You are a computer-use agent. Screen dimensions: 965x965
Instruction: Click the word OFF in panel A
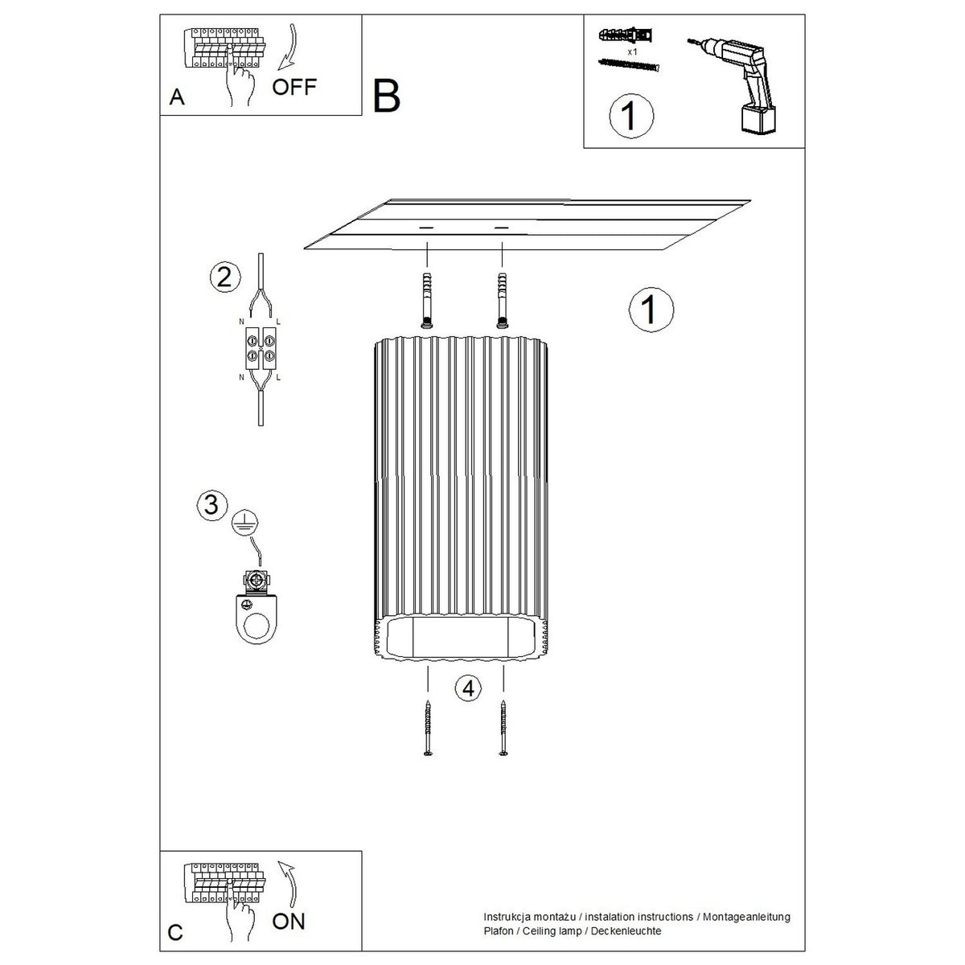(294, 87)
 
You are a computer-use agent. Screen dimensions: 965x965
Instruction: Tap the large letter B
(386, 96)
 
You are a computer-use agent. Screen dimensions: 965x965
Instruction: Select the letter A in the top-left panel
(177, 97)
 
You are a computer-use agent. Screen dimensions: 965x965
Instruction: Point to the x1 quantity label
(633, 51)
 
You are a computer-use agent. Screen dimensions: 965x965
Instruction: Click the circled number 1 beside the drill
(631, 116)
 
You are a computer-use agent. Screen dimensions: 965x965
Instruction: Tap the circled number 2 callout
(225, 277)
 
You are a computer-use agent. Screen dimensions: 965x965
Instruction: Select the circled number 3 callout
(211, 504)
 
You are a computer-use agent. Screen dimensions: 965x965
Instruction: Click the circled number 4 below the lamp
(468, 688)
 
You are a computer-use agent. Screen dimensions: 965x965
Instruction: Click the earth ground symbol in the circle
(245, 524)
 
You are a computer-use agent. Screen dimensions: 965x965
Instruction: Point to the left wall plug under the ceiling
(427, 301)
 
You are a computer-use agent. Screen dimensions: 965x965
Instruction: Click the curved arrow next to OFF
(289, 47)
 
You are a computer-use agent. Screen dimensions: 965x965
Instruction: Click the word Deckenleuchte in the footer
(626, 931)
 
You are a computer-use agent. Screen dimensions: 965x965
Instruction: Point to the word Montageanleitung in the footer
(746, 917)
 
